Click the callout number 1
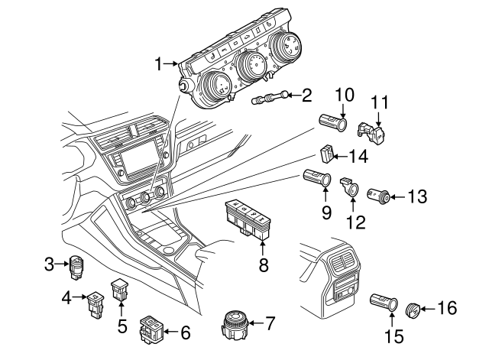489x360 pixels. click(x=159, y=63)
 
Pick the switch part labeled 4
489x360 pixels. click(x=96, y=301)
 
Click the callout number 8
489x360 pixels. click(x=263, y=264)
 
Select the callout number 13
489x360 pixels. click(x=417, y=197)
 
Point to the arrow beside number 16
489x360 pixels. click(x=426, y=309)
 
